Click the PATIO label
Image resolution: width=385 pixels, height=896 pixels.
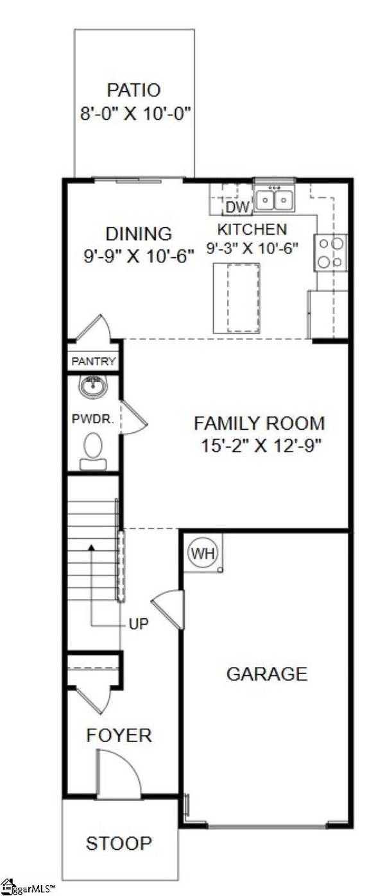click(133, 90)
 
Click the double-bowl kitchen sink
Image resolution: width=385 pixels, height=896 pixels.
click(274, 199)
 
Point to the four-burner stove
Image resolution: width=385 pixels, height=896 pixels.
click(330, 252)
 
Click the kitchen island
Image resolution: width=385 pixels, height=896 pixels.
click(236, 298)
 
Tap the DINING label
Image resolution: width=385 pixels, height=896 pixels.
click(139, 233)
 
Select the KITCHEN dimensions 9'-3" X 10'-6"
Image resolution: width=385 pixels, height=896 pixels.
click(252, 248)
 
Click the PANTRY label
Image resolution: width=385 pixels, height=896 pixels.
click(94, 362)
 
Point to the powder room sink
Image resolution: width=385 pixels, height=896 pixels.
click(93, 386)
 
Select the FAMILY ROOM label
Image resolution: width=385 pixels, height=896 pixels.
click(259, 423)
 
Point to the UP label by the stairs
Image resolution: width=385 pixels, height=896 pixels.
click(138, 623)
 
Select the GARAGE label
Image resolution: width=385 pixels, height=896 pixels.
click(266, 673)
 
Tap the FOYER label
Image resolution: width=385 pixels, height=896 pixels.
click(119, 735)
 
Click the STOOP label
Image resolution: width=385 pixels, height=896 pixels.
click(119, 843)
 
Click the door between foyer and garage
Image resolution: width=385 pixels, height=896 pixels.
click(169, 608)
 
